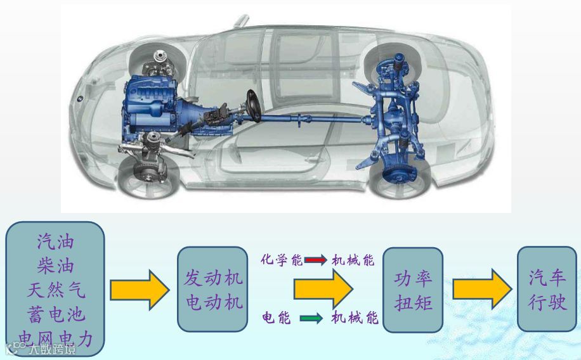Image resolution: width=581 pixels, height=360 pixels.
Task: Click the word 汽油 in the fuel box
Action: pos(55,241)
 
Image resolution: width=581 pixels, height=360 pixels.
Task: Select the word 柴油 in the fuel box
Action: pos(55,266)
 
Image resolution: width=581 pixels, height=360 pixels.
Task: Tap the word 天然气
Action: pos(55,290)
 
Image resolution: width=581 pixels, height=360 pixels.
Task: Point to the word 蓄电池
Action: pos(55,314)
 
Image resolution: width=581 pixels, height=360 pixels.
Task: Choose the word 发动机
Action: pos(214,278)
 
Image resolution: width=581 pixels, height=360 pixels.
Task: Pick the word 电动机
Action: pos(214,302)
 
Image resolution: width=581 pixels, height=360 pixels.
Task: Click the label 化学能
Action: pos(281,259)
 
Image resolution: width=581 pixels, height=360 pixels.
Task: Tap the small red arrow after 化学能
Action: pos(315,260)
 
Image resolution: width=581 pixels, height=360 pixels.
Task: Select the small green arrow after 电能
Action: pos(311,318)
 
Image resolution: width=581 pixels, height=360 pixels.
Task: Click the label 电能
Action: pos(277,318)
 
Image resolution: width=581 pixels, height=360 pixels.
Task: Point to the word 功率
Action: pos(413,278)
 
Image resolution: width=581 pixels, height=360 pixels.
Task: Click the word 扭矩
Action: pos(413,302)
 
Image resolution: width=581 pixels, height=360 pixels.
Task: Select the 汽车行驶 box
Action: pos(547,289)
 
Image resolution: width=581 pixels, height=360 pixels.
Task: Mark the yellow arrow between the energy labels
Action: pos(322,290)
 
